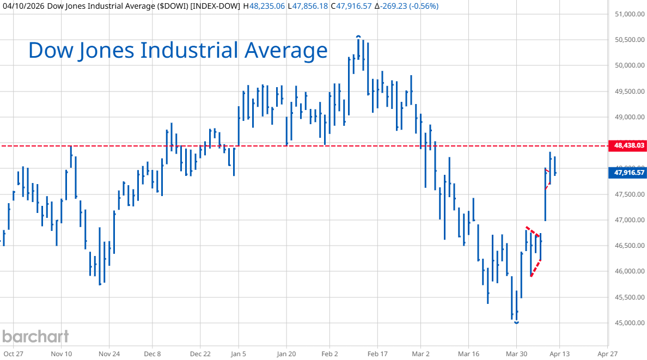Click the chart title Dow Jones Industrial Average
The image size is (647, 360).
click(178, 50)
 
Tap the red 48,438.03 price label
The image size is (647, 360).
click(629, 145)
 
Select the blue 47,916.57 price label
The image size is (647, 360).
click(629, 173)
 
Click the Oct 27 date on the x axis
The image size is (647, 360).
click(13, 353)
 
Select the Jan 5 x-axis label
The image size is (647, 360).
click(239, 353)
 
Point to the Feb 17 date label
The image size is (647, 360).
click(378, 353)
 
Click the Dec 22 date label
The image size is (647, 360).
click(200, 353)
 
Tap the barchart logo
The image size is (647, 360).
click(35, 336)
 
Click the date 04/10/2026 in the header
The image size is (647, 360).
click(23, 6)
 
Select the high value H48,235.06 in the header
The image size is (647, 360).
click(264, 6)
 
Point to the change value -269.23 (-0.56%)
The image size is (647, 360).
click(406, 6)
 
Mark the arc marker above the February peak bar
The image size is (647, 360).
click(358, 36)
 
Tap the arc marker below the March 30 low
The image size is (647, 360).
click(516, 323)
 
